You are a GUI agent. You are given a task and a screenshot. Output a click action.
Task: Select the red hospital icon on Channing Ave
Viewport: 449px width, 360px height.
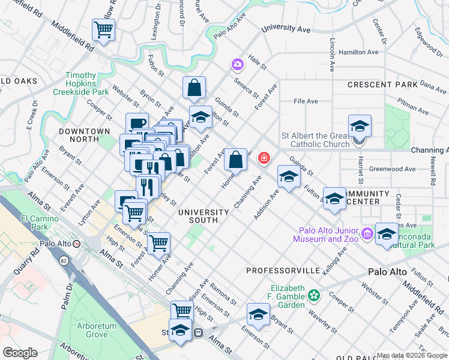263,158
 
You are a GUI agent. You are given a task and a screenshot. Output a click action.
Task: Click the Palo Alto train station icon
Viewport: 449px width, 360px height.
76,244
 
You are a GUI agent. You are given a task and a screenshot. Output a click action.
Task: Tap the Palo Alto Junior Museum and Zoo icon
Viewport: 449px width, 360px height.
366,232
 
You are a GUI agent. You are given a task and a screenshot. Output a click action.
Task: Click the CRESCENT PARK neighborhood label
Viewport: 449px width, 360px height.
382,85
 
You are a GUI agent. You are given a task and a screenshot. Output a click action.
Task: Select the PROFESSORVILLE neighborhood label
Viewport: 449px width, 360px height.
283,271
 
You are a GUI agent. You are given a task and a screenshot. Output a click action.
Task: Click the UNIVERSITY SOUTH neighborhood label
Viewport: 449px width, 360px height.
203,216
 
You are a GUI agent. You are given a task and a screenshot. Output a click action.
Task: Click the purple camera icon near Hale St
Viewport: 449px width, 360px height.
238,64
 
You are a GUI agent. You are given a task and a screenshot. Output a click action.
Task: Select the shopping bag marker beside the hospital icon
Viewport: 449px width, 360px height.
236,160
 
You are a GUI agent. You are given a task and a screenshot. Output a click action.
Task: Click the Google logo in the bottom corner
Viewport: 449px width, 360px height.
20,352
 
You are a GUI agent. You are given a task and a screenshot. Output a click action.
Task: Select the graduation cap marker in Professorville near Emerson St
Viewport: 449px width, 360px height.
258,315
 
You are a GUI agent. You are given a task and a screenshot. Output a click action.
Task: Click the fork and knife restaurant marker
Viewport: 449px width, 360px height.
147,187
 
